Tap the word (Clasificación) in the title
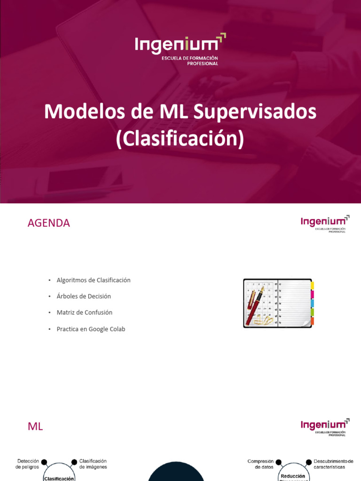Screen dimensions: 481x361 (180, 140)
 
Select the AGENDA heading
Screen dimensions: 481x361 (49, 223)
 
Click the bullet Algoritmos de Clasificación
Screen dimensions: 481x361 (93, 280)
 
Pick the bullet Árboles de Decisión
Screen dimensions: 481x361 (84, 296)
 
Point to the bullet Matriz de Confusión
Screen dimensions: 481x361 (84, 312)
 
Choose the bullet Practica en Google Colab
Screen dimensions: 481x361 (91, 329)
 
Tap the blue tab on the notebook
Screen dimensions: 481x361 (312, 303)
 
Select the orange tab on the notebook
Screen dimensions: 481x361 (312, 321)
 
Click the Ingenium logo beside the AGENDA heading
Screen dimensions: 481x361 (325, 224)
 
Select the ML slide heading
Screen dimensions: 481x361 (35, 427)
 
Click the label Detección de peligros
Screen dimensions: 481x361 (27, 464)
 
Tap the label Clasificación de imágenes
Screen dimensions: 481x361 (93, 464)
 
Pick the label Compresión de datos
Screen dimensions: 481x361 (260, 464)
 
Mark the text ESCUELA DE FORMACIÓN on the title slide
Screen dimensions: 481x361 (189, 58)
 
